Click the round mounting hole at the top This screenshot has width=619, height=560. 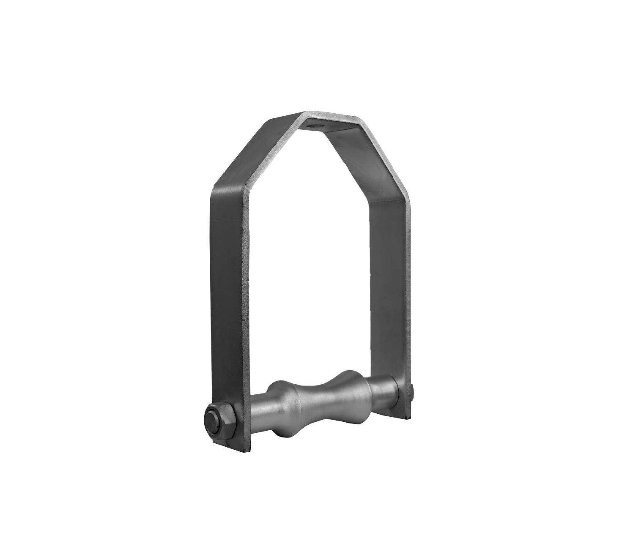coord(314,126)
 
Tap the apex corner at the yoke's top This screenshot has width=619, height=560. coord(303,113)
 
